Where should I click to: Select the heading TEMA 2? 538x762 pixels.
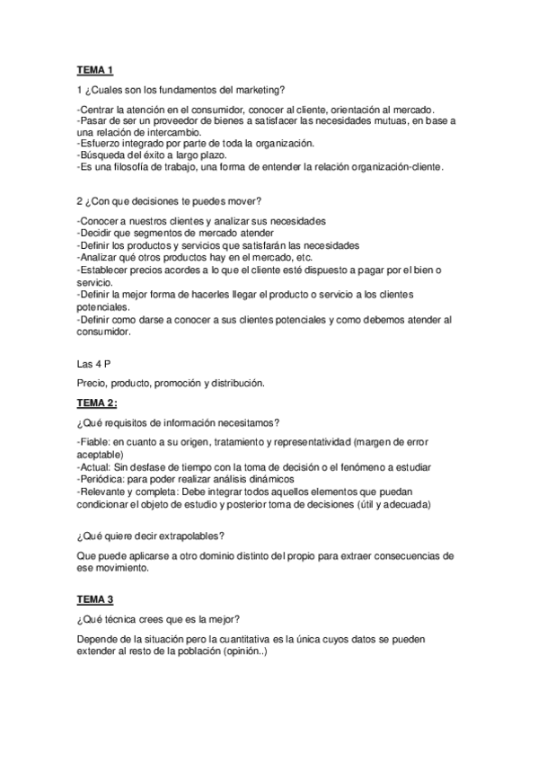pyautogui.click(x=97, y=403)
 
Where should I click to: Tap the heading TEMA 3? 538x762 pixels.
pyautogui.click(x=95, y=598)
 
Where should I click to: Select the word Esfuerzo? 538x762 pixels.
pyautogui.click(x=102, y=144)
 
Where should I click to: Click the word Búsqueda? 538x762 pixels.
pyautogui.click(x=105, y=155)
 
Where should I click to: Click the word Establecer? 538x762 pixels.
pyautogui.click(x=110, y=269)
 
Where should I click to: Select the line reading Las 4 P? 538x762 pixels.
pyautogui.click(x=95, y=364)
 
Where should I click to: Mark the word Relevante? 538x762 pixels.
pyautogui.click(x=106, y=492)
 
